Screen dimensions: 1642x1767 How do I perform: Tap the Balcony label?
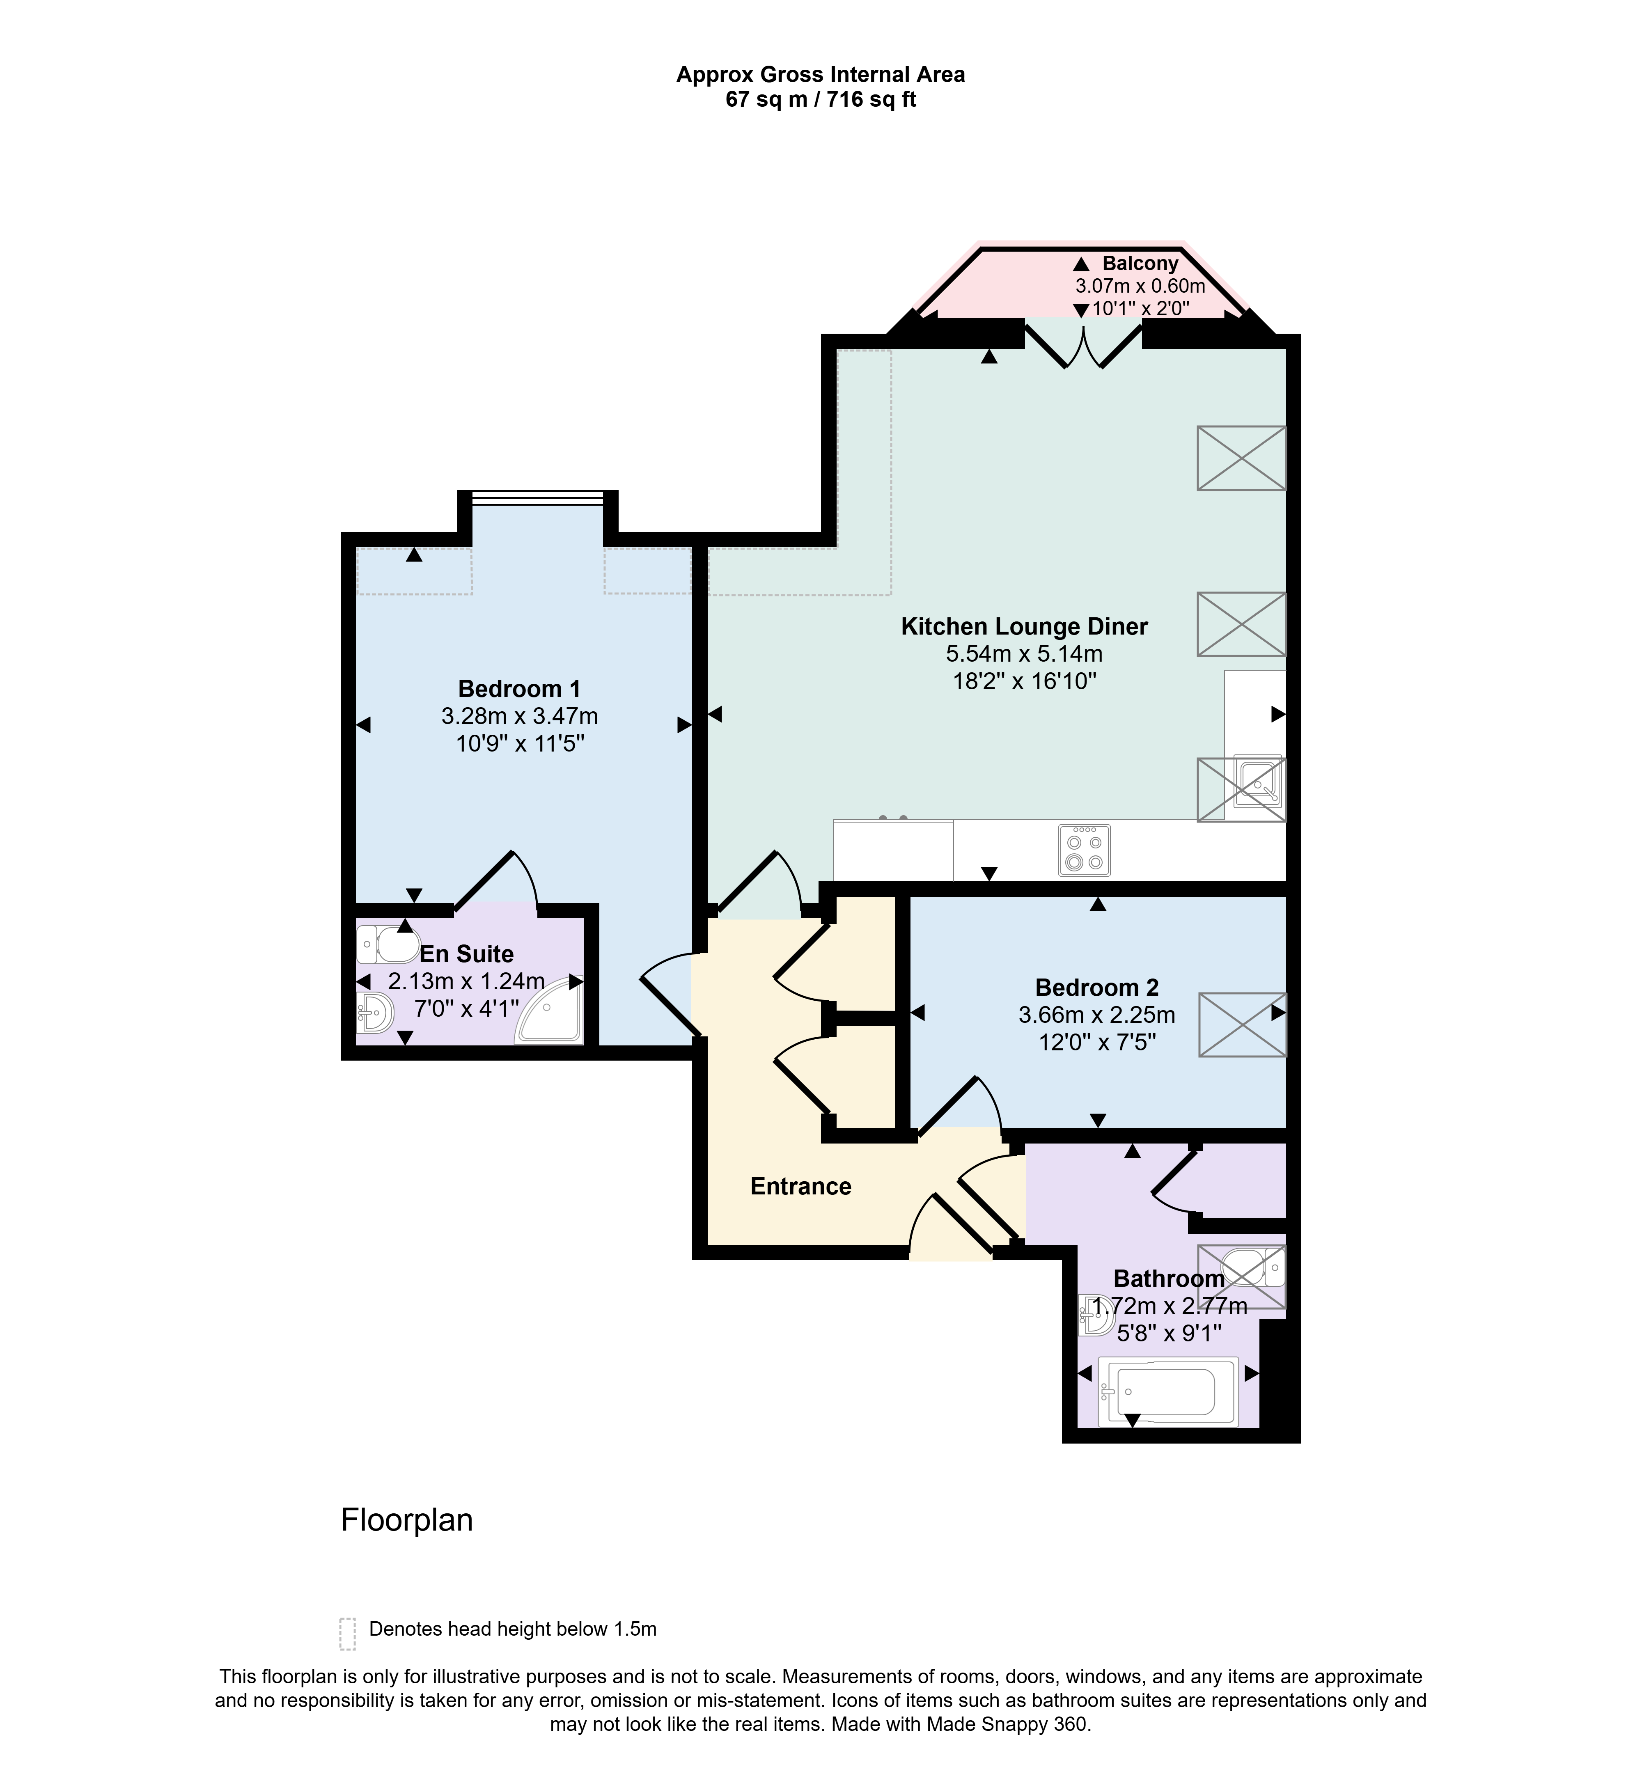coord(1140,264)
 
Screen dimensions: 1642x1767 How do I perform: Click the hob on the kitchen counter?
coord(1084,850)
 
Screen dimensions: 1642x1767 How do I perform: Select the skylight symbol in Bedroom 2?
coord(1242,1024)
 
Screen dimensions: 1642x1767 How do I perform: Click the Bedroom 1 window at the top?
coord(538,497)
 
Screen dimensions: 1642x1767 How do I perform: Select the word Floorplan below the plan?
coord(407,1520)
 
